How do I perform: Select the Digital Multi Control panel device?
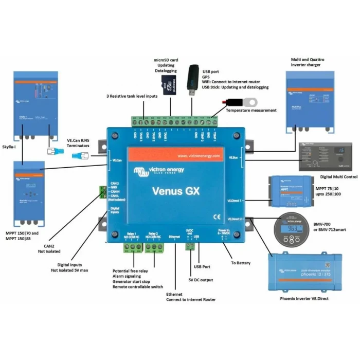[x=321, y=155]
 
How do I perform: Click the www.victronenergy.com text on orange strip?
[x=198, y=155]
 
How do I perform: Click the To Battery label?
[x=241, y=263]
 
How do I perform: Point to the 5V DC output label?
[x=201, y=280]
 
